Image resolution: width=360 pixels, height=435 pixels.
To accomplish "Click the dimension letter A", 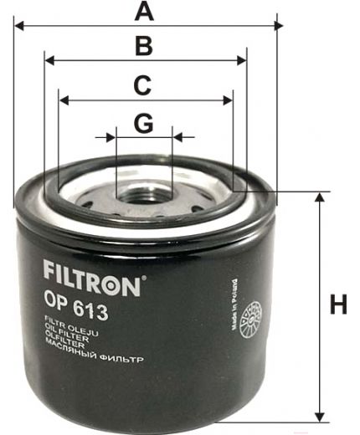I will click(x=146, y=12).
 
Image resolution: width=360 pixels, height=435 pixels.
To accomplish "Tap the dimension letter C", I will click(x=143, y=84).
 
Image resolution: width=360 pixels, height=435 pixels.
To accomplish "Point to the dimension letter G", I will click(x=144, y=123).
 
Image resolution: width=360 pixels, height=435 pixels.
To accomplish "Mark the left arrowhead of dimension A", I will click(x=18, y=26).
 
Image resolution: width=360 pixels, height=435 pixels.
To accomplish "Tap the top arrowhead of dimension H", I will click(x=319, y=197).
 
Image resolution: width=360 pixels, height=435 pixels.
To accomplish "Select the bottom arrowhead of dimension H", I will click(x=319, y=415).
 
